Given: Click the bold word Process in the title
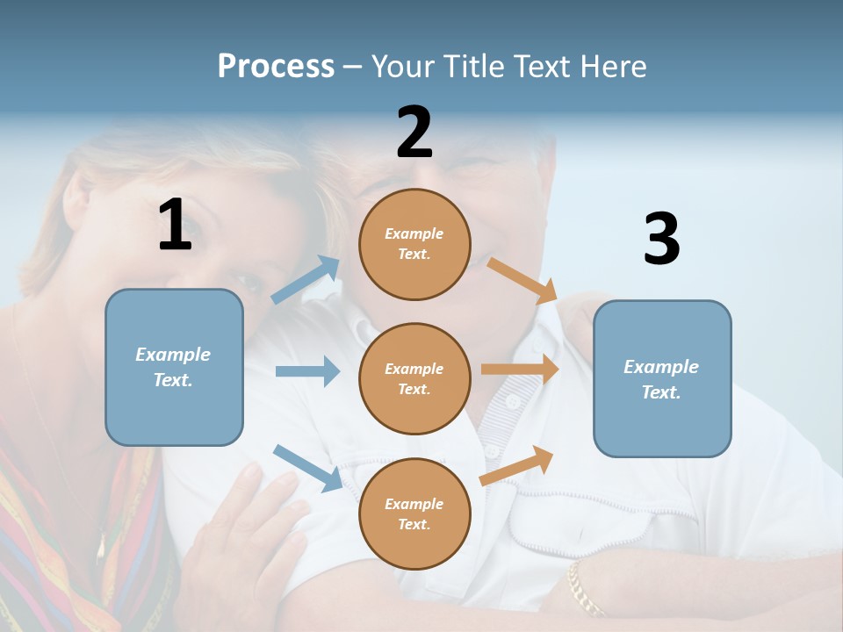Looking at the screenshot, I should point(276,67).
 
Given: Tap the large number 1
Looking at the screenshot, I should point(175,225).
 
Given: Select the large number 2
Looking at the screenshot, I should point(414,133).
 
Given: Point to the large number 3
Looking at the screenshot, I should point(661,240).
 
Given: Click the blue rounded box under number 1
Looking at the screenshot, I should point(174,367).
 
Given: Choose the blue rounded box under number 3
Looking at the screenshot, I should point(662,378).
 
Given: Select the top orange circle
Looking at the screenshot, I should point(414,244).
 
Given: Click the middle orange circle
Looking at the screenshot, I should point(414,378).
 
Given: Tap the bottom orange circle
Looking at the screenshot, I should point(414,513).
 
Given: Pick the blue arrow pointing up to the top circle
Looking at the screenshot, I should point(306,280).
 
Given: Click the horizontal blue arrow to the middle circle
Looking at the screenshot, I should point(307,371).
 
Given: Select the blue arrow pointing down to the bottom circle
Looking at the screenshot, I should point(307,468).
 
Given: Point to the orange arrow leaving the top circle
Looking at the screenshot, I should point(522,280).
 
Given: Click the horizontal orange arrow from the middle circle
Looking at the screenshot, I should point(520,370).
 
